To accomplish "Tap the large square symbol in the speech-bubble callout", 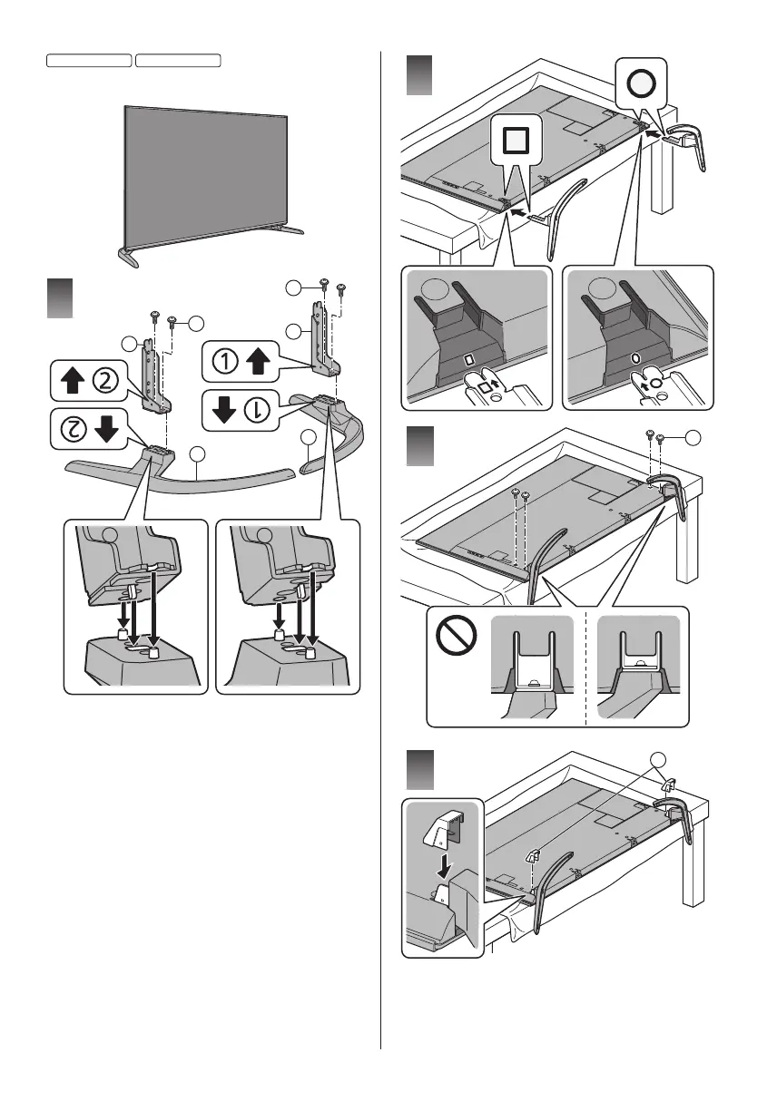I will (515, 139).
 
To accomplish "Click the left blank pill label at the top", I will (88, 60).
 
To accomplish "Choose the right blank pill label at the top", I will (178, 60).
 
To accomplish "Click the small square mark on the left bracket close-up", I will (469, 358).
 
